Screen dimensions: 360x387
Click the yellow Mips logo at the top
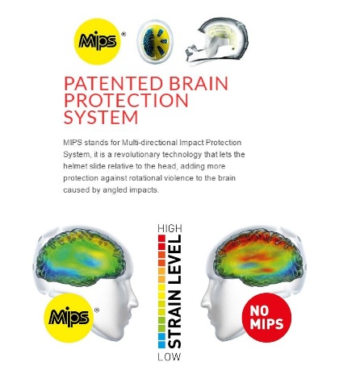pos(98,41)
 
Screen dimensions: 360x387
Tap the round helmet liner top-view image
pos(155,42)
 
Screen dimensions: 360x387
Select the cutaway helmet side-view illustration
pos(216,41)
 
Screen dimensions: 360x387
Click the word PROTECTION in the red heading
pos(126,100)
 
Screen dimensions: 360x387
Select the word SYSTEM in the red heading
pos(101,117)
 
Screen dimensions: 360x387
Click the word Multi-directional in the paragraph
pos(149,143)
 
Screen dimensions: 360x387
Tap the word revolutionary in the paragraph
pos(137,155)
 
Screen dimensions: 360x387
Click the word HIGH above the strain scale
pos(170,228)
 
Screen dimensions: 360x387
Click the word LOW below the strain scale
pos(170,357)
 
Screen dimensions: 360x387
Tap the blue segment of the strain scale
pos(161,341)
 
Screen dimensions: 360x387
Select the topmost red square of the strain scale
pos(161,239)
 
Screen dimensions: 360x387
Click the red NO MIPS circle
pos(266,318)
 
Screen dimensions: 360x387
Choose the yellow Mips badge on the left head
pos(69,318)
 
